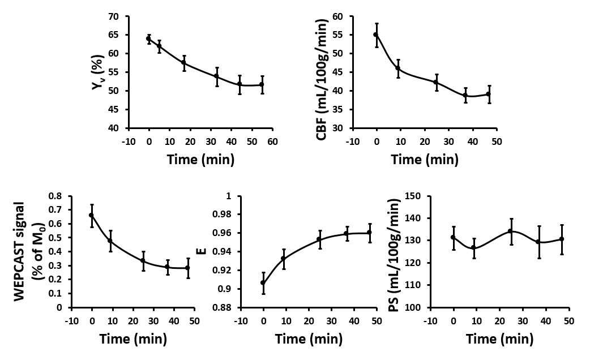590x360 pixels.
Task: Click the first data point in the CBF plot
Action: (375, 35)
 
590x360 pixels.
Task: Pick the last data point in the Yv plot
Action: (262, 84)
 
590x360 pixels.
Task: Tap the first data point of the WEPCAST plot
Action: (91, 215)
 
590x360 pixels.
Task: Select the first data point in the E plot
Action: (263, 282)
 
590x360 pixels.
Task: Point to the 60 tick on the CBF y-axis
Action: (339, 16)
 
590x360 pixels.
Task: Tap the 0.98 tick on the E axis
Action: (225, 215)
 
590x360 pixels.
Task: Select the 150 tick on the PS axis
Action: (416, 196)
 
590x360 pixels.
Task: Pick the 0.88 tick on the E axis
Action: (225, 308)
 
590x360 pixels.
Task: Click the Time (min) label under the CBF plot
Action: (424, 159)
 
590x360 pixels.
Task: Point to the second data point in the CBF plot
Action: (398, 68)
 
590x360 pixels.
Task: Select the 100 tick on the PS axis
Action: (416, 308)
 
